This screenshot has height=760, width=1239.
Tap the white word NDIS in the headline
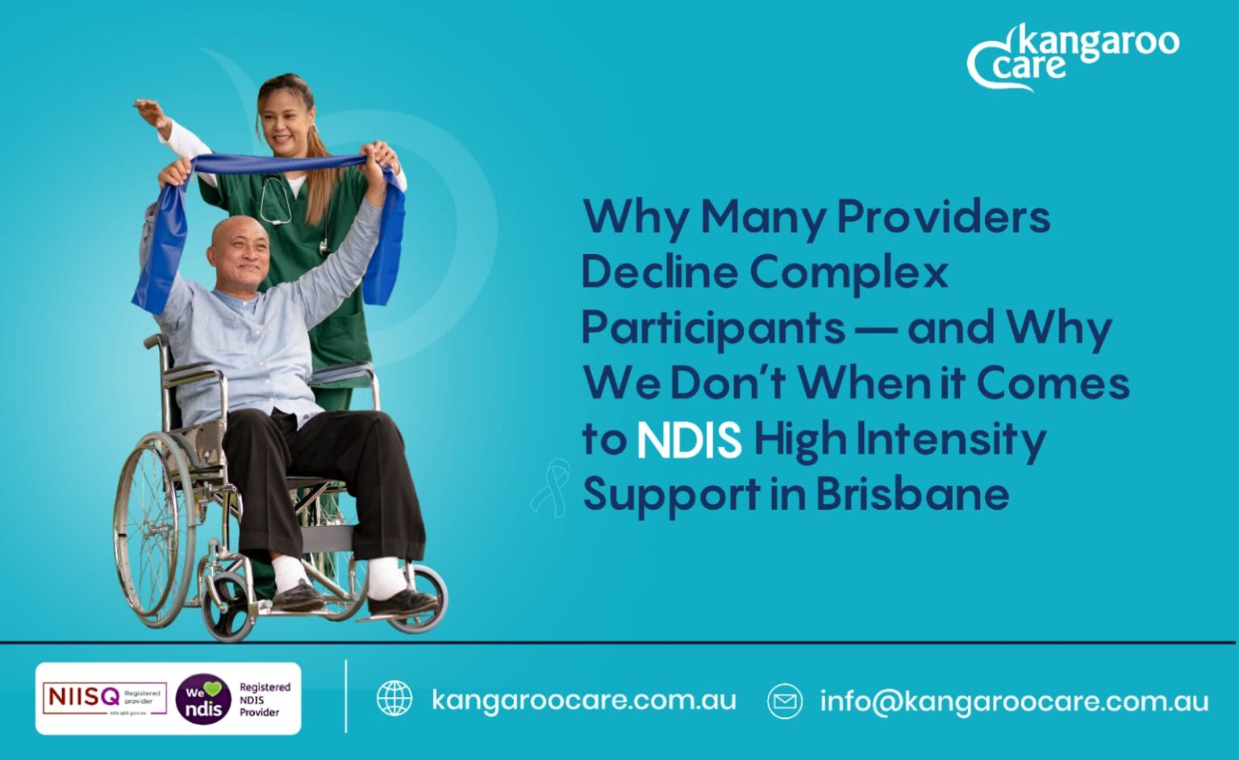689,440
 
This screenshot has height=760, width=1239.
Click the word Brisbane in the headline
912,494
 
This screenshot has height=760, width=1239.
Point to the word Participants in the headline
713,328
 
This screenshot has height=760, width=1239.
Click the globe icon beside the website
394,699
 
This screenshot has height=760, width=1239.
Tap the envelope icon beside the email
784,700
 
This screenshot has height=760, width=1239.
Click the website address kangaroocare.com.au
583,699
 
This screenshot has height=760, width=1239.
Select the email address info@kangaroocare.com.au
1014,701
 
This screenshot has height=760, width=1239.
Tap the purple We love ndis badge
202,699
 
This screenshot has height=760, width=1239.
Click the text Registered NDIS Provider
264,699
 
